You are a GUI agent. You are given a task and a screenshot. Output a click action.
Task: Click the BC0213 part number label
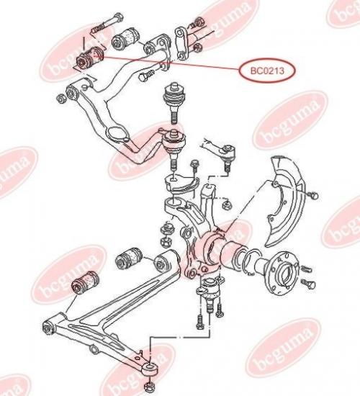pyautogui.click(x=267, y=71)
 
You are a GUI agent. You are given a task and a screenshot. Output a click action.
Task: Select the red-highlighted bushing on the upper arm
pyautogui.click(x=90, y=58)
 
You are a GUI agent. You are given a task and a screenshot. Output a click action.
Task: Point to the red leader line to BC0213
pyautogui.click(x=171, y=63)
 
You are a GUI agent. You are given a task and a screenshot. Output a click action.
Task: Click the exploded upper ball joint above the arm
pyautogui.click(x=174, y=102)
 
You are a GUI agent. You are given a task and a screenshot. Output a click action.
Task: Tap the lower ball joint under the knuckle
pyautogui.click(x=209, y=294)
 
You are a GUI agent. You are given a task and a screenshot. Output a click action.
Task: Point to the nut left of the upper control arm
pyautogui.click(x=61, y=98)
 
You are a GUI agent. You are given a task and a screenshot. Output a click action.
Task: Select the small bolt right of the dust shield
pyautogui.click(x=313, y=195)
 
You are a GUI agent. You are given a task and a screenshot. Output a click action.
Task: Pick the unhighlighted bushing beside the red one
pyautogui.click(x=125, y=37)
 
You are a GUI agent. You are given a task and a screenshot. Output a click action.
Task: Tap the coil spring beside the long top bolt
pyautogui.click(x=97, y=28)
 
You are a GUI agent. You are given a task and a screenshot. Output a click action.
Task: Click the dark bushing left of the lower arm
pyautogui.click(x=85, y=282)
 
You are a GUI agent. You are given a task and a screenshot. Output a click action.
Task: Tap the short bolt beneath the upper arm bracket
pyautogui.click(x=146, y=75)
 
